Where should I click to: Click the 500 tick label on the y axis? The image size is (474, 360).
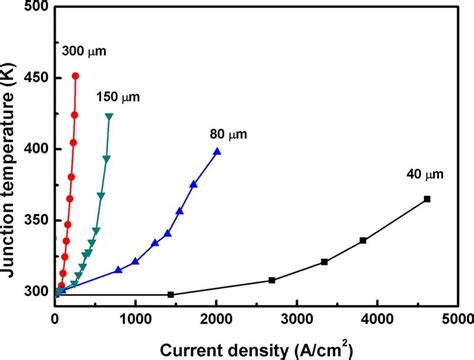coord(34,7)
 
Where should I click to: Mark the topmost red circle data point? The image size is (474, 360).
coord(76,76)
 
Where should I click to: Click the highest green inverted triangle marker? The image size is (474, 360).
coord(109,117)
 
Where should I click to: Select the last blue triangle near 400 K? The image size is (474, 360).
coord(217,151)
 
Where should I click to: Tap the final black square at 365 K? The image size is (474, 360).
coord(427,199)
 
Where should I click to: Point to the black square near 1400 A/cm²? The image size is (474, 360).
coord(170,294)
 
